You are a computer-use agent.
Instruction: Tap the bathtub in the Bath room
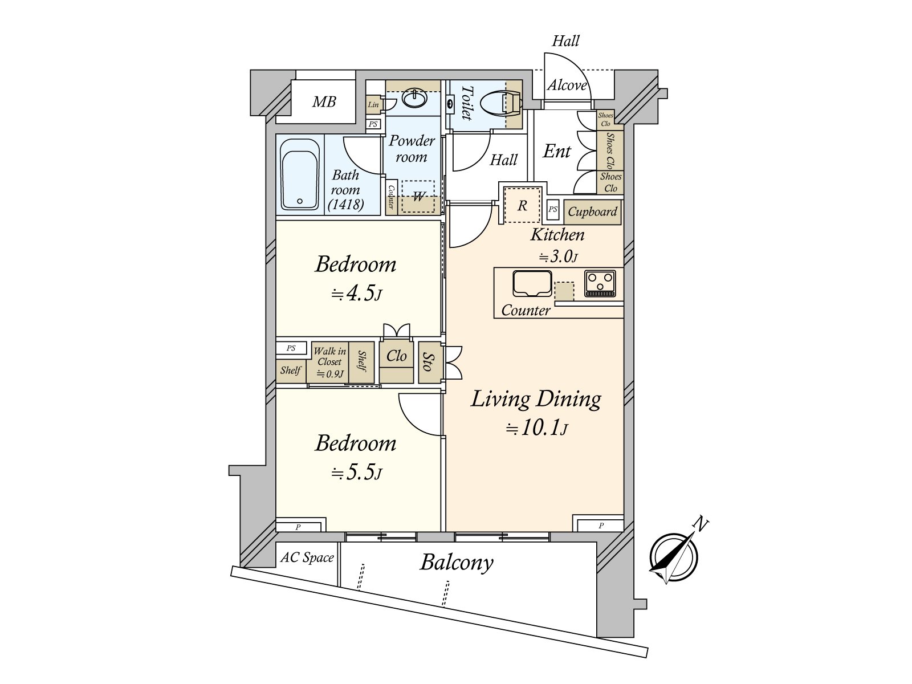tap(300, 174)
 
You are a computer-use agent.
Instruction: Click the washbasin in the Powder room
tap(414, 99)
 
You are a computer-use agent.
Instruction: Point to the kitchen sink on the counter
tap(532, 283)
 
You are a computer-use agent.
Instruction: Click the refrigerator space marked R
tap(522, 205)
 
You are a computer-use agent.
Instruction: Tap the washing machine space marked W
tap(418, 197)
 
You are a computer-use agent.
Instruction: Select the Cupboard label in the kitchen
tap(592, 211)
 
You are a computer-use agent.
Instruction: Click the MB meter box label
tap(324, 102)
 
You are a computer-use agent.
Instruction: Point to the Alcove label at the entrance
tap(567, 85)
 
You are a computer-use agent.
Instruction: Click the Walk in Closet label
tap(329, 357)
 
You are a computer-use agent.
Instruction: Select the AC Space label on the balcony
tap(307, 557)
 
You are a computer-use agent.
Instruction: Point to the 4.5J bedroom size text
tap(357, 294)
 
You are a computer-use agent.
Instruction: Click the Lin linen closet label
tap(373, 105)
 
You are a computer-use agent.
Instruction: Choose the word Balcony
tap(457, 563)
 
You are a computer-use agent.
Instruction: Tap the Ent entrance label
tap(556, 152)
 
